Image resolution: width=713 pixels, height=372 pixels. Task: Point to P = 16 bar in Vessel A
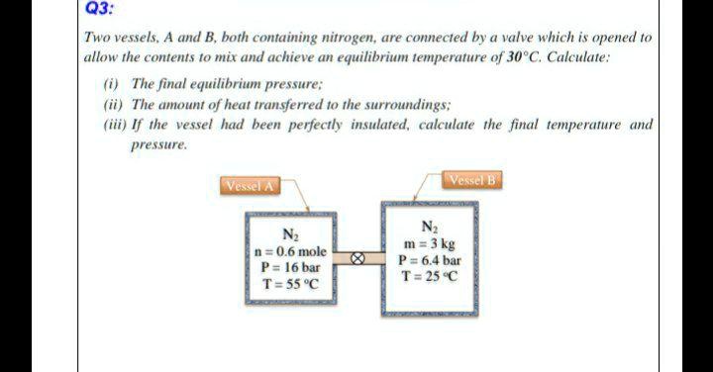click(x=290, y=267)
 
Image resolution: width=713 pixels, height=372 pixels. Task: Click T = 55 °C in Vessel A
click(x=290, y=284)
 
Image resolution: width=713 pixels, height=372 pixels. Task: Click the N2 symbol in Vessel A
click(x=290, y=235)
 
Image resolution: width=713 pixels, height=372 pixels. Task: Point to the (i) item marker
click(x=112, y=85)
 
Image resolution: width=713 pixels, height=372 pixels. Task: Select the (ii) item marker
click(x=113, y=105)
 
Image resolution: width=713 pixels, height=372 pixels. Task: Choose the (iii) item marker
click(x=115, y=125)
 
